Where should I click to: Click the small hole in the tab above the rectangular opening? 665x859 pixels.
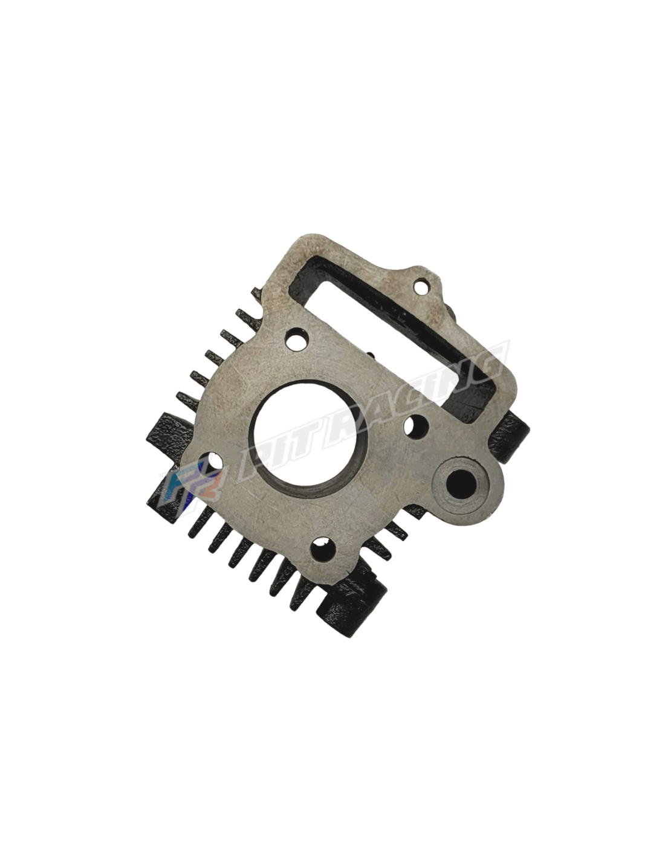(421, 285)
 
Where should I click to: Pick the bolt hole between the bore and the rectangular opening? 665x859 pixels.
(416, 425)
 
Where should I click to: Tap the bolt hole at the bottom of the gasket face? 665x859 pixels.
(323, 549)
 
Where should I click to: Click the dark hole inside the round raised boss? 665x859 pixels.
(461, 483)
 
